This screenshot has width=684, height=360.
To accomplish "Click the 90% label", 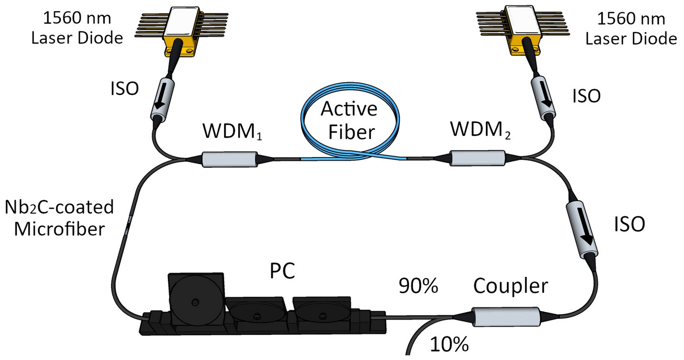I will click(x=418, y=287).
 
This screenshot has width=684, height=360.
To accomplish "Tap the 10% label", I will click(x=448, y=345).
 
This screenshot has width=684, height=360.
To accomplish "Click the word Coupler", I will click(x=511, y=286).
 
